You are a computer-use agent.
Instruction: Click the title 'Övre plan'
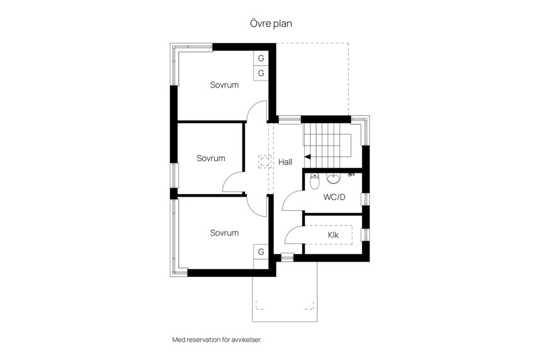[x=271, y=24]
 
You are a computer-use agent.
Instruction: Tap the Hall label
[x=285, y=162]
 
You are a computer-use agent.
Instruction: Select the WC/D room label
[x=334, y=197]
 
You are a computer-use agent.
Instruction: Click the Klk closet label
[x=333, y=235]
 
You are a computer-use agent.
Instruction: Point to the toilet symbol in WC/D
[x=314, y=182]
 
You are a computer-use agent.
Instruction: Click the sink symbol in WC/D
[x=333, y=179]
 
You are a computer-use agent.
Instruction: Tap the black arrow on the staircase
[x=308, y=157]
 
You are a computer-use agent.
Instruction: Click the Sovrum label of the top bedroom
[x=224, y=85]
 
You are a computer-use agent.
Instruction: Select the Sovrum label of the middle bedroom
[x=211, y=158]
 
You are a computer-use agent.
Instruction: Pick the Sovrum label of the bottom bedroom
[x=224, y=233]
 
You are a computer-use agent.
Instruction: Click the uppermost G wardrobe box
[x=261, y=58]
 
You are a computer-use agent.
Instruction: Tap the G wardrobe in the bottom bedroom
[x=261, y=252]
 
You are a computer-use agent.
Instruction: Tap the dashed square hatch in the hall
[x=264, y=161]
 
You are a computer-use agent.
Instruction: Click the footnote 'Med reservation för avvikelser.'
[x=217, y=340]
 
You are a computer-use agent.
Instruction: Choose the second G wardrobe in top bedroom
[x=261, y=73]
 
